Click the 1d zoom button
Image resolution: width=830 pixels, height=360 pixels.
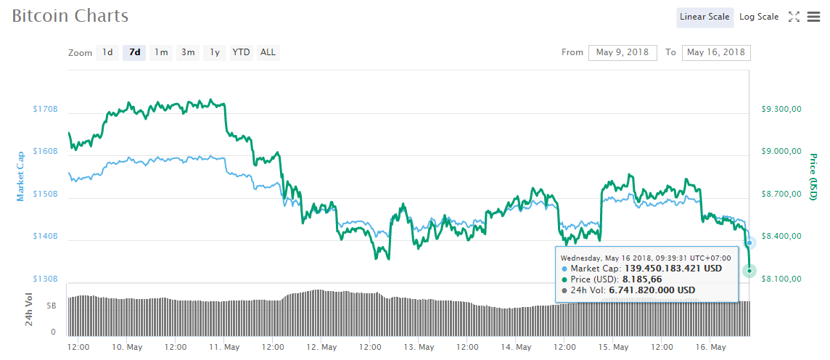click(107, 52)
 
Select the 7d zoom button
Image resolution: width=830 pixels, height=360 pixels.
click(134, 52)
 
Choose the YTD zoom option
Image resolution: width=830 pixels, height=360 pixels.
click(241, 52)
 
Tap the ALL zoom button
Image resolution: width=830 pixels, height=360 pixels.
click(268, 52)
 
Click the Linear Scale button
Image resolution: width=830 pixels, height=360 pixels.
click(704, 17)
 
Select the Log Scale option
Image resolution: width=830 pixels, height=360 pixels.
click(759, 17)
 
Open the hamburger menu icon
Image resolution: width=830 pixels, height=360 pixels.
click(813, 17)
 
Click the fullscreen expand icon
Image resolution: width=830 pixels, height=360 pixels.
click(794, 17)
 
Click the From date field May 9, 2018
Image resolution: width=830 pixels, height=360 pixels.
click(622, 52)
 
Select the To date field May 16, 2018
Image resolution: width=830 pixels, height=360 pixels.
click(716, 52)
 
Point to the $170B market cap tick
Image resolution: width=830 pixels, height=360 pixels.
click(45, 110)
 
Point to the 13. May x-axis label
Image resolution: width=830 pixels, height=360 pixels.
click(418, 348)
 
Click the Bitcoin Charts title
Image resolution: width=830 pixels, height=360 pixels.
click(70, 16)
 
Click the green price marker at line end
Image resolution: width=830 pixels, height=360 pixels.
click(749, 271)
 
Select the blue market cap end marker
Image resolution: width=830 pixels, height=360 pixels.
click(749, 242)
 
